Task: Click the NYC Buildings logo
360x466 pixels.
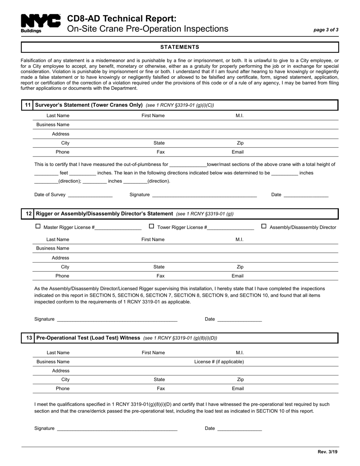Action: click(x=40, y=23)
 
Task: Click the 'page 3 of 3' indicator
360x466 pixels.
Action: click(x=326, y=30)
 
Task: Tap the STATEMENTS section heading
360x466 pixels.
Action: click(x=180, y=47)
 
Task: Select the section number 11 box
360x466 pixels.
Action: click(x=28, y=105)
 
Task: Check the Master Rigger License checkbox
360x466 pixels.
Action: click(x=38, y=226)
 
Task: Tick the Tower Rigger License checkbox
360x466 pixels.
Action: click(x=152, y=226)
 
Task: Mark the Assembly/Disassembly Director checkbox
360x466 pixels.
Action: click(x=264, y=226)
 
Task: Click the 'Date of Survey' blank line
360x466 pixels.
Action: click(x=90, y=195)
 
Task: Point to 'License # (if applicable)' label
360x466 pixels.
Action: click(x=219, y=362)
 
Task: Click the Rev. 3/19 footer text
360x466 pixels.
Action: click(x=327, y=452)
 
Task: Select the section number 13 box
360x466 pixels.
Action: click(x=28, y=338)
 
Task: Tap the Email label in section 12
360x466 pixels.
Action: click(x=238, y=276)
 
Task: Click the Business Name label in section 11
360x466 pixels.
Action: click(x=53, y=125)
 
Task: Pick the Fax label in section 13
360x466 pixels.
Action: click(x=161, y=388)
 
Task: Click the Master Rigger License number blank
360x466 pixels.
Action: click(x=118, y=228)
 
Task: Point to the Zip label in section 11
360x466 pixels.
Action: click(x=240, y=143)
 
